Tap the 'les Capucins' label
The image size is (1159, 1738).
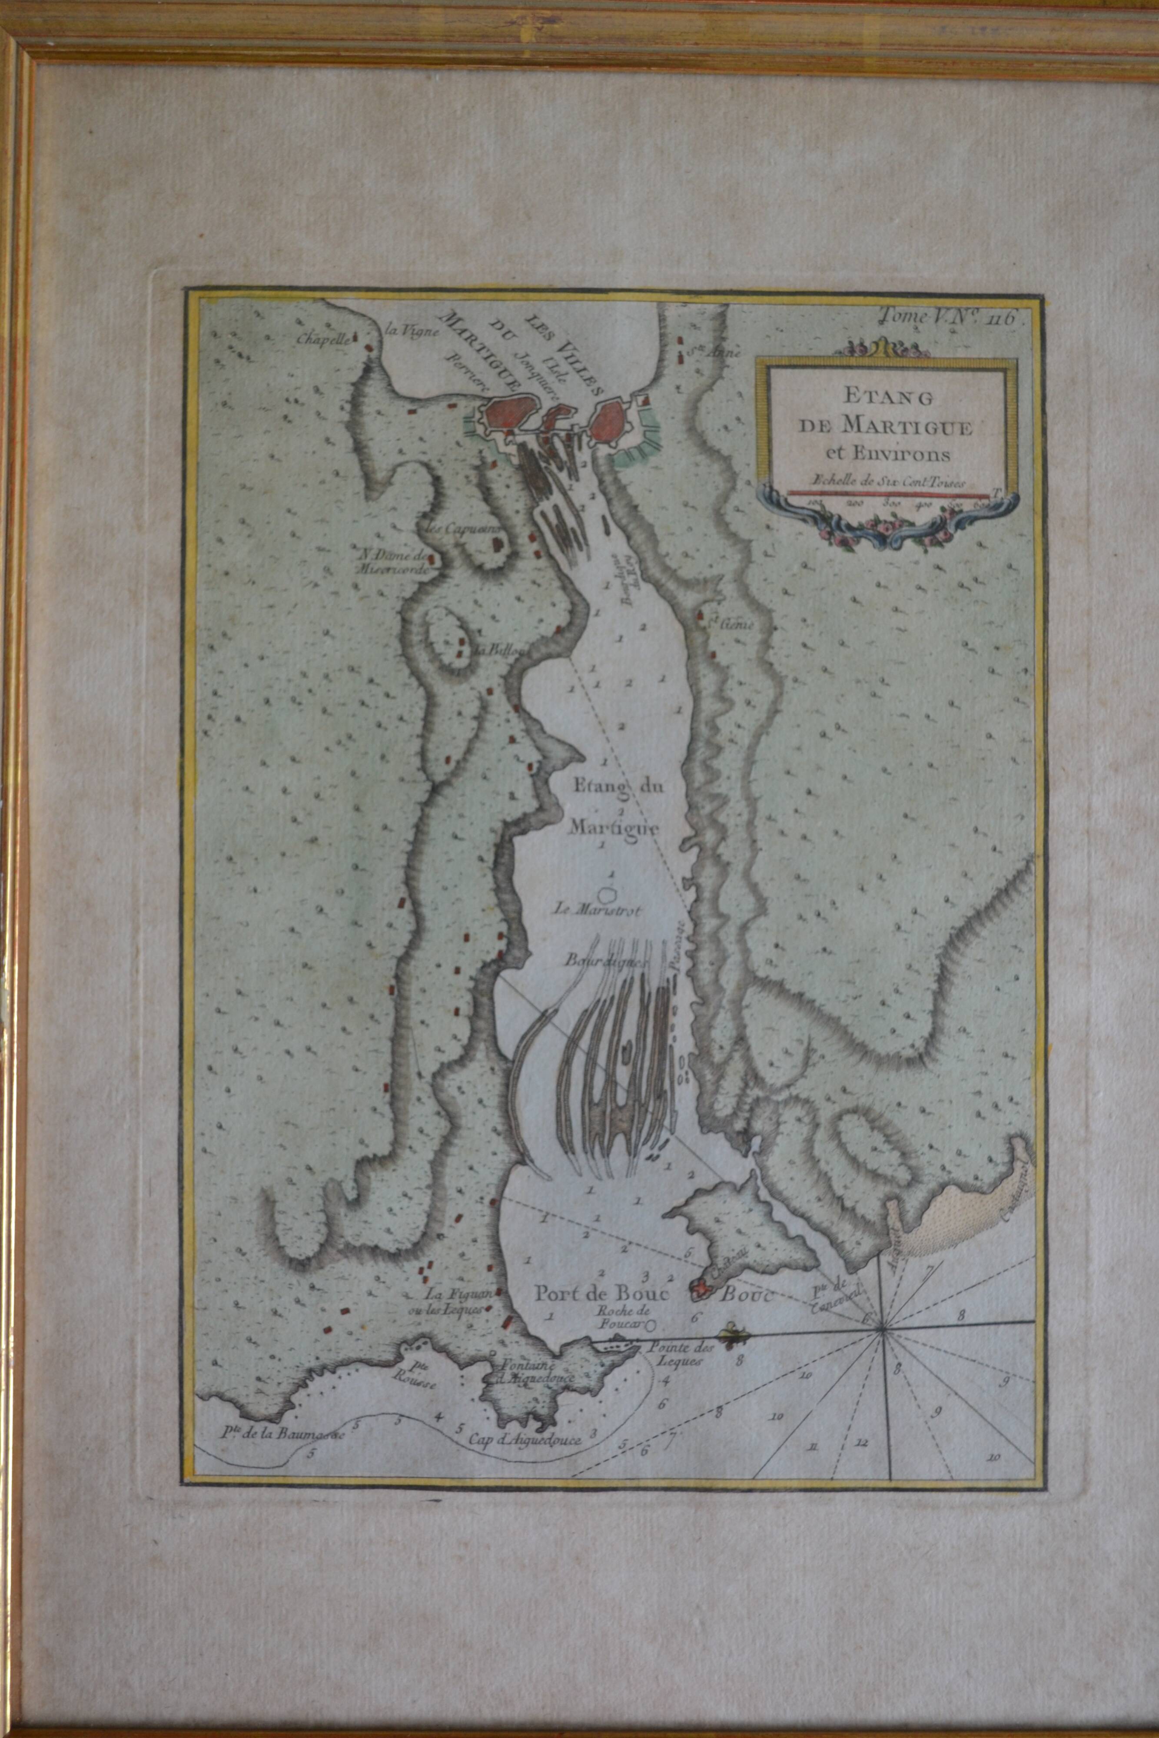pos(458,528)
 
